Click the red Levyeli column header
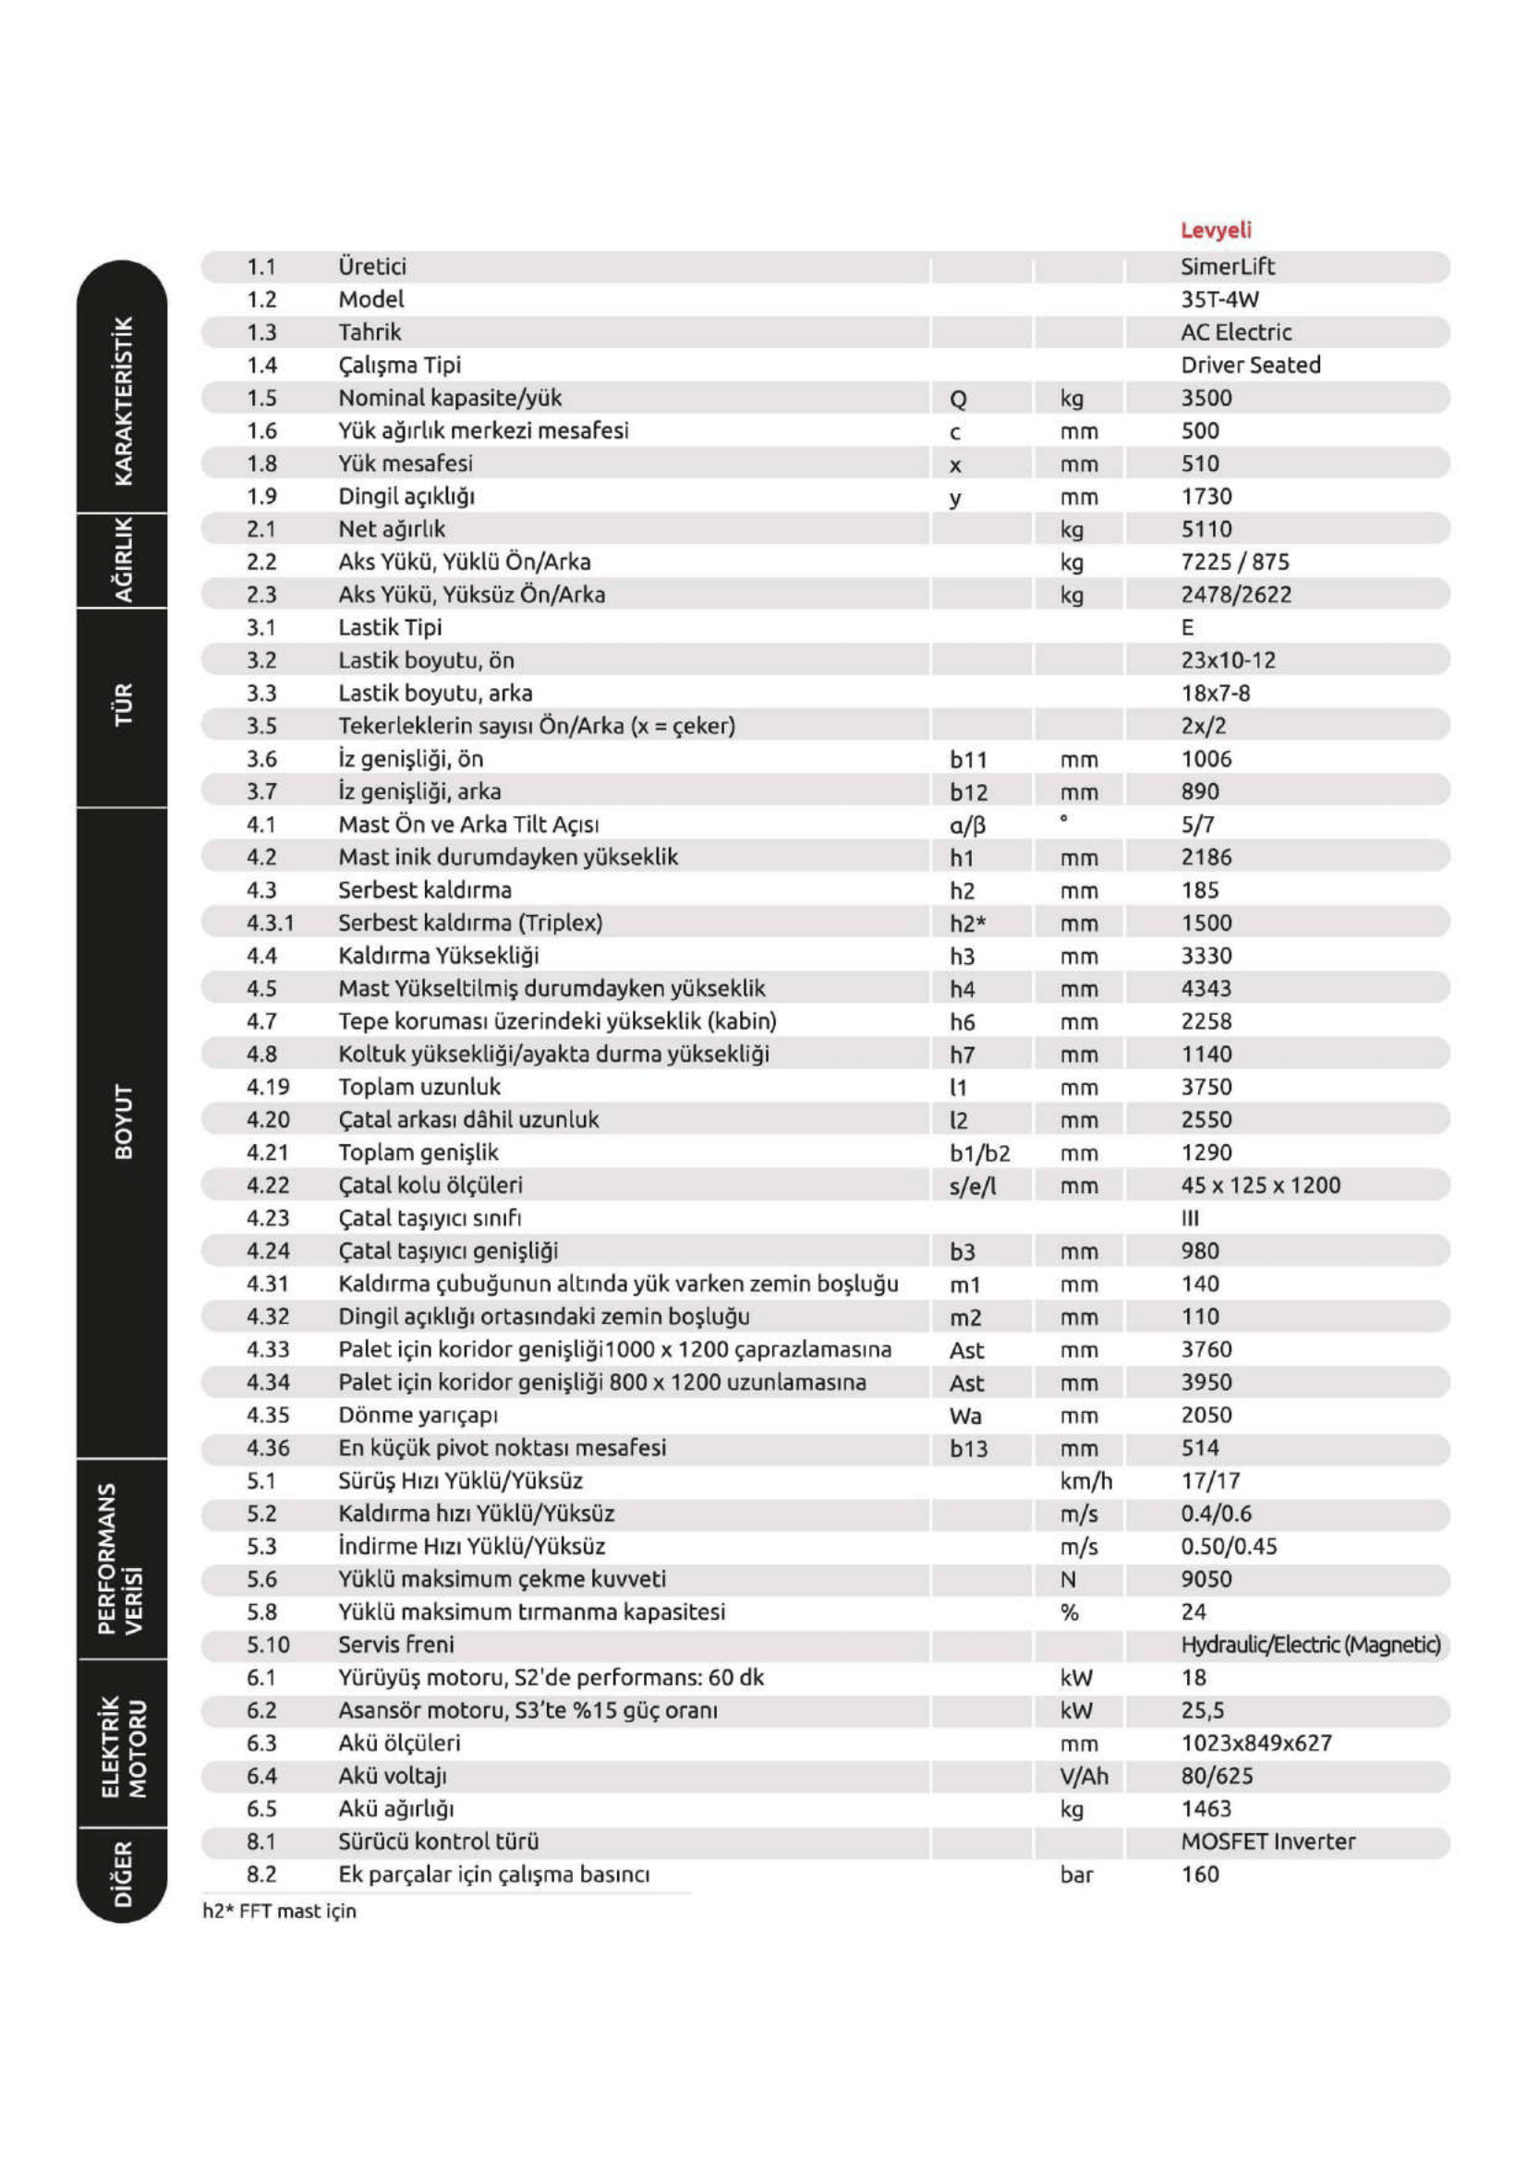[x=1216, y=231]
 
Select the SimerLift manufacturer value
[x=1227, y=267]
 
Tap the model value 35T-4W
[x=1219, y=300]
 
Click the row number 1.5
[x=261, y=399]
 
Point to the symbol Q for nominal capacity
[x=958, y=400]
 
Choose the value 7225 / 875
[x=1234, y=562]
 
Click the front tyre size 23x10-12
[x=1228, y=660]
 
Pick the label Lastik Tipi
[x=390, y=627]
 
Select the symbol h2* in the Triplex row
[x=967, y=923]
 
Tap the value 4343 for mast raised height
[x=1206, y=989]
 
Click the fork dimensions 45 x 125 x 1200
[x=1260, y=1186]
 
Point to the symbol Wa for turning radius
[x=965, y=1416]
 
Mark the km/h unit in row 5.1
[x=1085, y=1481]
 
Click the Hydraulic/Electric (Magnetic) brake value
[x=1310, y=1646]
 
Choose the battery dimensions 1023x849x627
[x=1256, y=1744]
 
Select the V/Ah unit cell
[x=1084, y=1776]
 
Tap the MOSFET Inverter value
[x=1267, y=1842]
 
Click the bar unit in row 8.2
[x=1076, y=1875]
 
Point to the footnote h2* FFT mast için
[x=279, y=1912]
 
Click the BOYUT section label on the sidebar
[x=123, y=1121]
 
